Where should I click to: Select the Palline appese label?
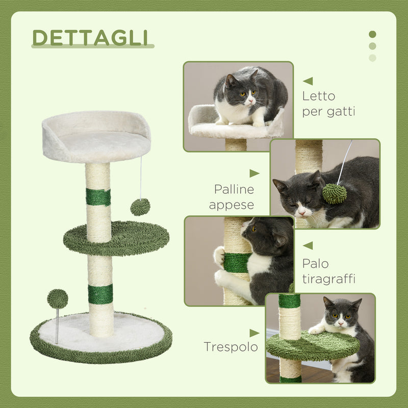234,197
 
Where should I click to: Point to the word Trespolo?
231,347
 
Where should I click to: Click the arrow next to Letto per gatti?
308,81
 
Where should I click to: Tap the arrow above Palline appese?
254,173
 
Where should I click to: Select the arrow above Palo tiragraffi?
308,245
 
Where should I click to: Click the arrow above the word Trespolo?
254,333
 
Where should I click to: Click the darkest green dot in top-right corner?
372,34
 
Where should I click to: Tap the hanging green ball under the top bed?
140,207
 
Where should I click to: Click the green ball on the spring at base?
57,298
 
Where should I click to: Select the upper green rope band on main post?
98,197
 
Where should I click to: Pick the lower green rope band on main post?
100,294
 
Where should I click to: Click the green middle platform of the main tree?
116,238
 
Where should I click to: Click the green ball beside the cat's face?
335,194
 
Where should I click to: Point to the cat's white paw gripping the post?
220,256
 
